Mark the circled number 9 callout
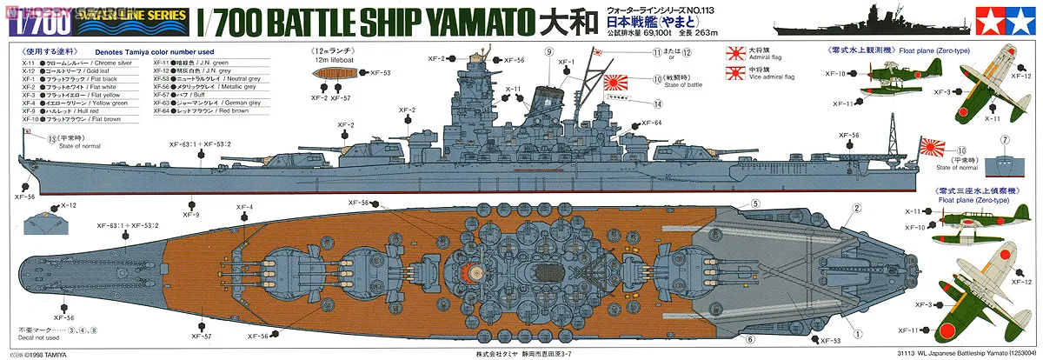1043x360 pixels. click(x=549, y=52)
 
